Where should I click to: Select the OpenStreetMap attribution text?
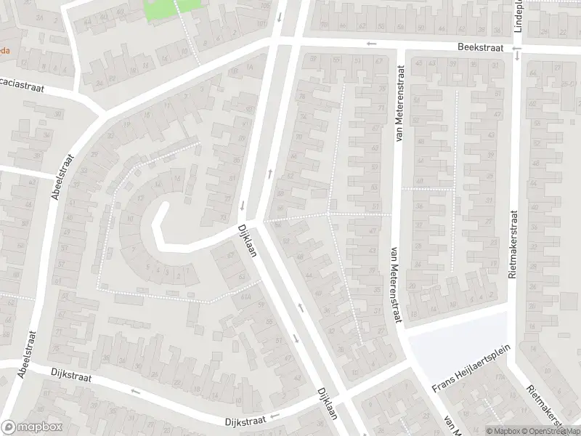(550, 431)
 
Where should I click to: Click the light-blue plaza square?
(454, 342)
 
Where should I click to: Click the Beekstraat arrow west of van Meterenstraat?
(372, 44)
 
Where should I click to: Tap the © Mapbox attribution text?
(504, 431)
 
